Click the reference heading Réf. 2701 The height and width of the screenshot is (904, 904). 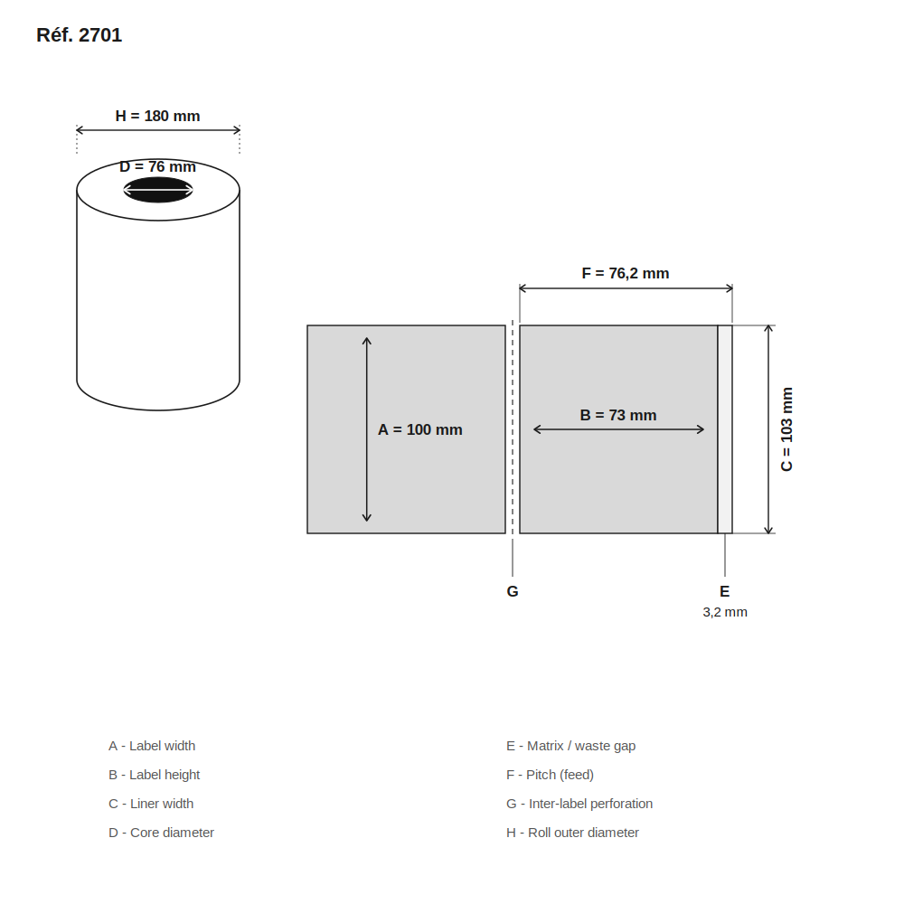point(79,35)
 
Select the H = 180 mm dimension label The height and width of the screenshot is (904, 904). point(157,116)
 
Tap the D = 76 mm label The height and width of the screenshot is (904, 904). point(157,166)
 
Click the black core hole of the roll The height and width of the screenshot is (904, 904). point(158,190)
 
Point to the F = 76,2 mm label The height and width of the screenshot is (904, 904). point(626,273)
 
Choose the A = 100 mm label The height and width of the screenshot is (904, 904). point(419,429)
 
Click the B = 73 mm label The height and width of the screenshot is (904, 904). point(618,415)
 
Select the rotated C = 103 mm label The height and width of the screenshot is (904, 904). point(786,428)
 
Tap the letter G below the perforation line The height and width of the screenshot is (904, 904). point(513,591)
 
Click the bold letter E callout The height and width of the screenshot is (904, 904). point(725,591)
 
